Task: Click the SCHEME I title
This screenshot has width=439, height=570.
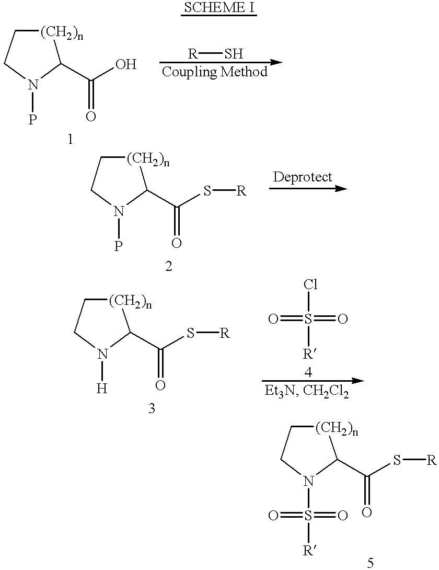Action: click(x=219, y=8)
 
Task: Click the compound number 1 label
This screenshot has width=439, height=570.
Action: click(x=70, y=139)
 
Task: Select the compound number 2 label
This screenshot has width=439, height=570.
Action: click(x=169, y=267)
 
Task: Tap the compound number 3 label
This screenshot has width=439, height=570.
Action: click(x=152, y=408)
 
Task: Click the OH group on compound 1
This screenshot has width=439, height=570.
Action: click(x=126, y=64)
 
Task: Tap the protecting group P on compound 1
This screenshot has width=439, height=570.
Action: click(x=33, y=120)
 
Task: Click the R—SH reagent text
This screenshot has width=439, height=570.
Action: click(x=215, y=54)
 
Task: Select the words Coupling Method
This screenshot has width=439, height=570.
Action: click(x=215, y=72)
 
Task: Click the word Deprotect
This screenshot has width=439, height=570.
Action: click(x=303, y=177)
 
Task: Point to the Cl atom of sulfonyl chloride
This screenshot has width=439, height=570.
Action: click(x=310, y=284)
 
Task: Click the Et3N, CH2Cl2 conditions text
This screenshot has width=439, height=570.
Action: click(x=306, y=392)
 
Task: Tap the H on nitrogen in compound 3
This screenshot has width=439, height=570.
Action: click(x=102, y=389)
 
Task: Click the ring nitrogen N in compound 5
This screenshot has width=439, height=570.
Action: click(x=308, y=482)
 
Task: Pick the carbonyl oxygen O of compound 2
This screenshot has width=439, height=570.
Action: click(x=177, y=243)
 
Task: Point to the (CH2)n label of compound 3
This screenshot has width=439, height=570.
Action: click(x=130, y=301)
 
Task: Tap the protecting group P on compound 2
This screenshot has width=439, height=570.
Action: click(x=119, y=247)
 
